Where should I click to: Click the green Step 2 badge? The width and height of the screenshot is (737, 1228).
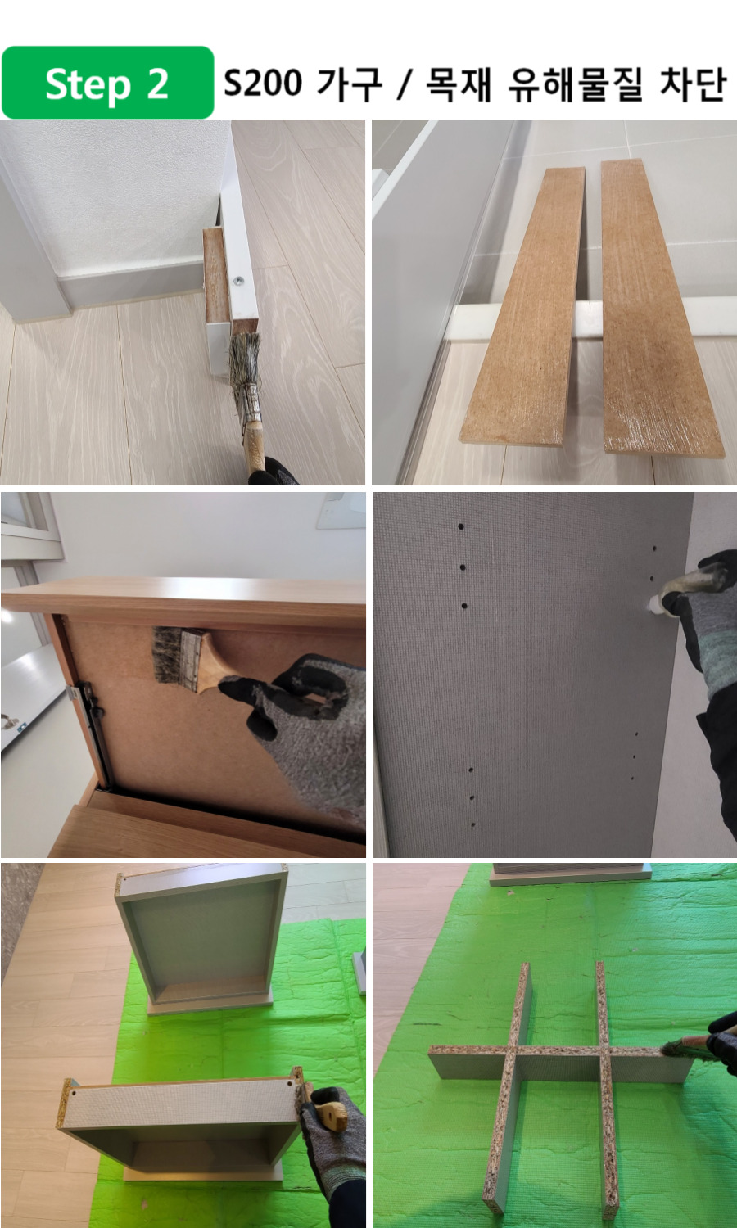107,83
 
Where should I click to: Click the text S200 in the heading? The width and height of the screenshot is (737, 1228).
263,84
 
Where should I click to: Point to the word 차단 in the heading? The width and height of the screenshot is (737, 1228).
693,84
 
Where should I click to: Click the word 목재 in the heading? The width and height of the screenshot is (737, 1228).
458,84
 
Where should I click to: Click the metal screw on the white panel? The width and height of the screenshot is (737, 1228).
238,282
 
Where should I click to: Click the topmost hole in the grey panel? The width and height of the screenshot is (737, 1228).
461,527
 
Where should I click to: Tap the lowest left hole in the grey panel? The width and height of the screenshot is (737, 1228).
473,824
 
